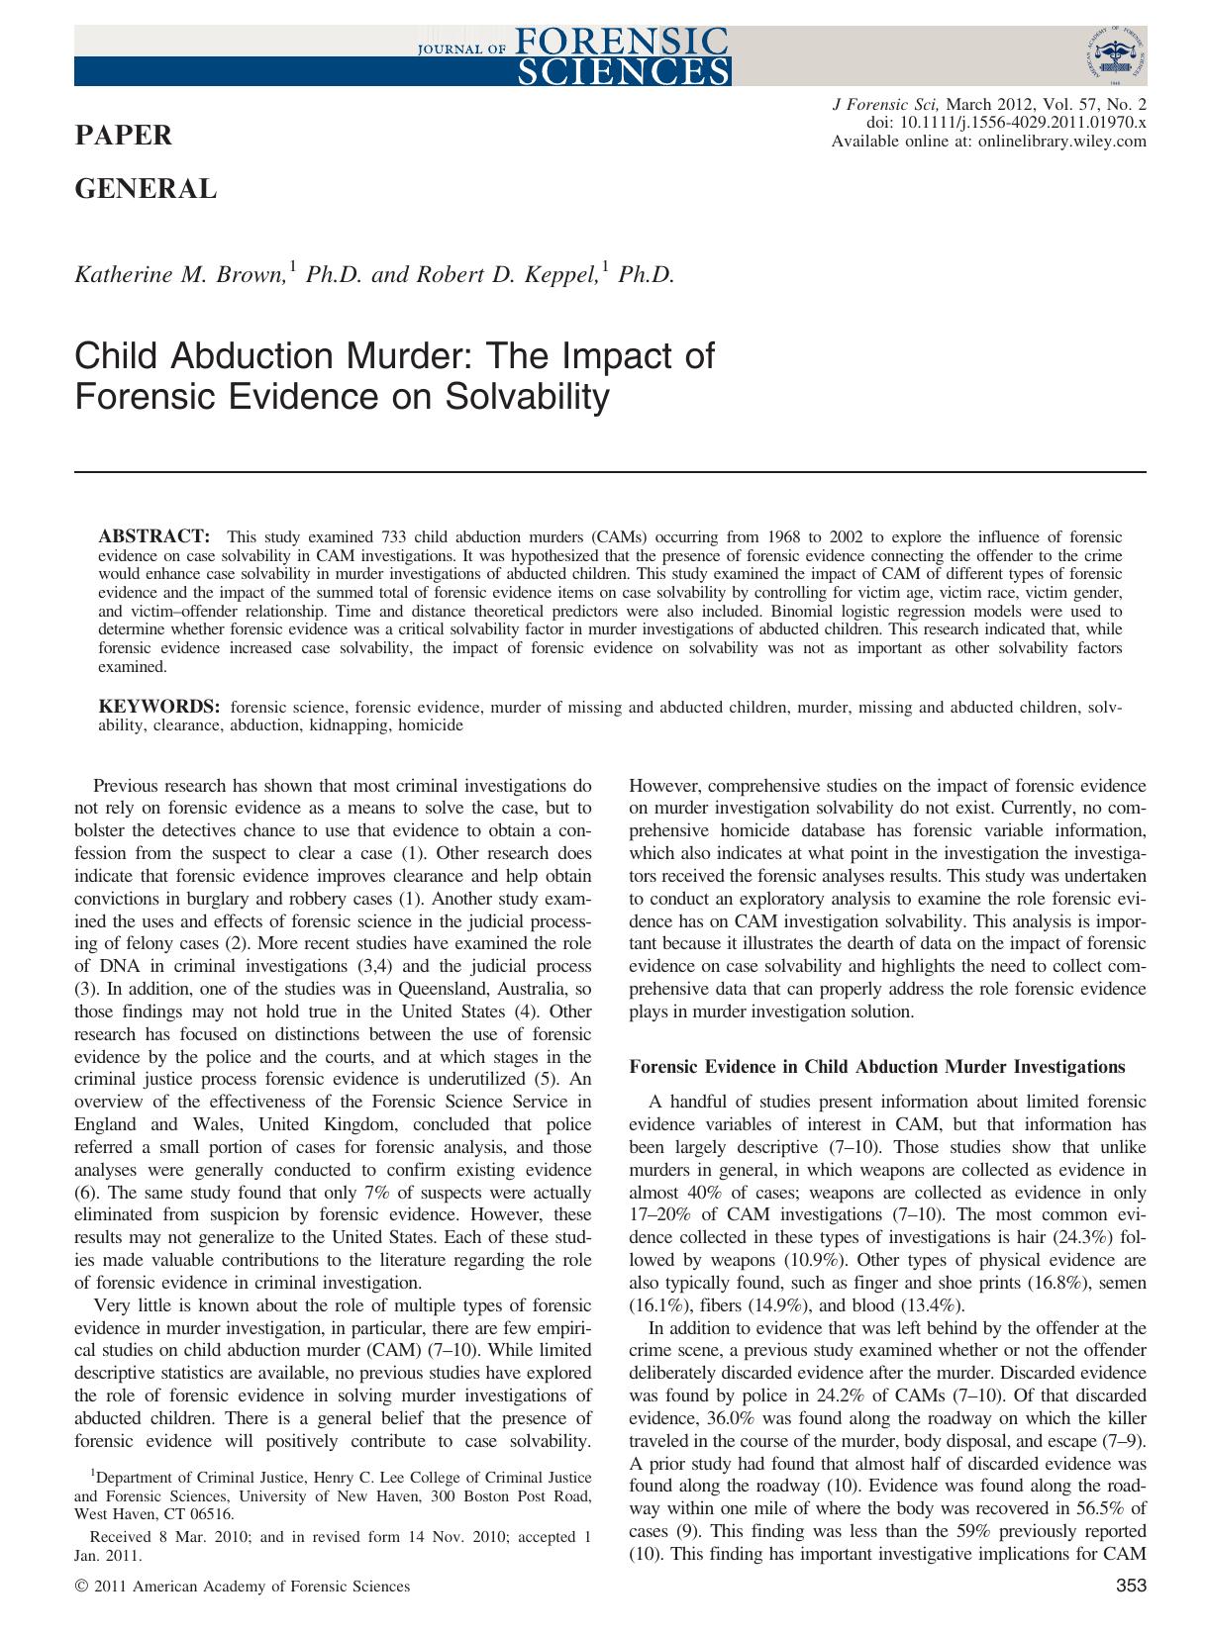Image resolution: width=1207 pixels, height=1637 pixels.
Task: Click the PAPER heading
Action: [x=124, y=136]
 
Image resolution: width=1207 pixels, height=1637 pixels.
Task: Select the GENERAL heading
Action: [x=146, y=189]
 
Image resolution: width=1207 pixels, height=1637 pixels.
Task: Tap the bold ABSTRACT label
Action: [x=153, y=536]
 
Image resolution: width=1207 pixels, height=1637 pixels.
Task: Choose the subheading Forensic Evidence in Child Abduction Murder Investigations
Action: [x=877, y=1066]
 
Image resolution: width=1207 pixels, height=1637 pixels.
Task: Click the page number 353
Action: [x=1130, y=1587]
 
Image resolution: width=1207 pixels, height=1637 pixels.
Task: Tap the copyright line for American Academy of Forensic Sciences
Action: [x=243, y=1587]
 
